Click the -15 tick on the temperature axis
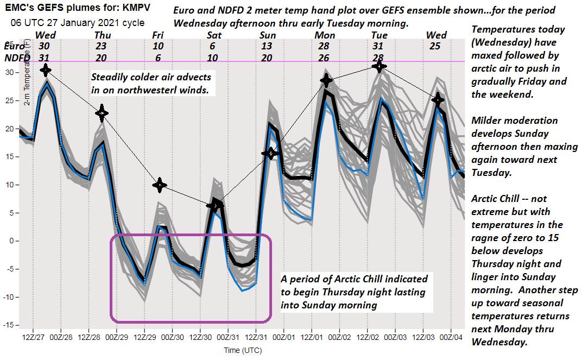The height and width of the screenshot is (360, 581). (x=10, y=325)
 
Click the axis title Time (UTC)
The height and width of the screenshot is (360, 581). (x=243, y=350)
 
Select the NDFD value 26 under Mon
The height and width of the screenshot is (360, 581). (x=324, y=58)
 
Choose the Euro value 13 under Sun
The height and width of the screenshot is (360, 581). (x=266, y=47)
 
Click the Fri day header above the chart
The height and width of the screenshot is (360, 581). (x=157, y=36)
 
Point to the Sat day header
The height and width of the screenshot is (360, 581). (x=212, y=36)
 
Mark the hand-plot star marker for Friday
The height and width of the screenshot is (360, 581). (x=159, y=185)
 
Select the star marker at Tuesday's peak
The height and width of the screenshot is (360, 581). (x=379, y=66)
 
